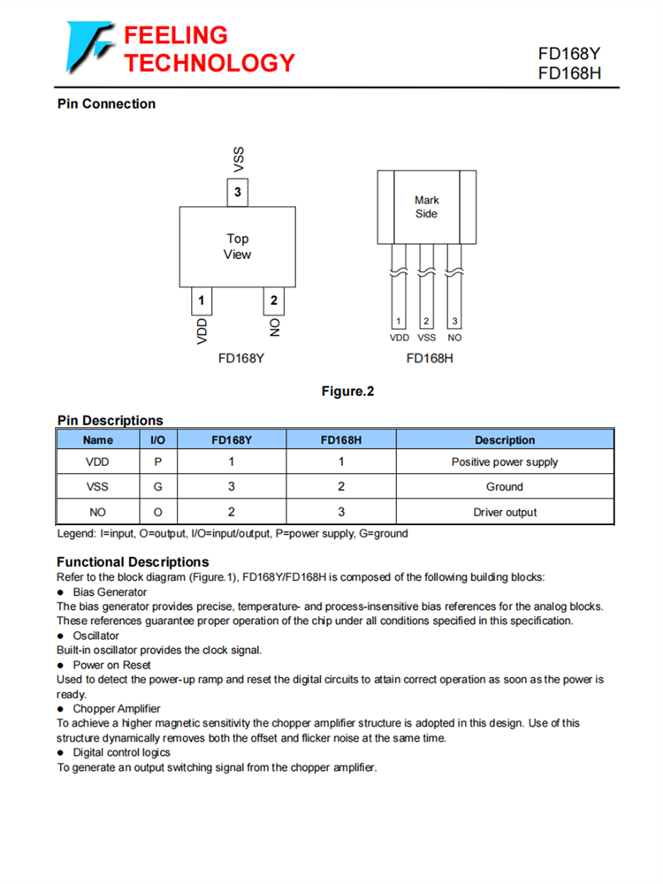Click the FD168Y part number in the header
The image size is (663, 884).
tap(569, 54)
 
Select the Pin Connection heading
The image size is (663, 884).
tap(106, 104)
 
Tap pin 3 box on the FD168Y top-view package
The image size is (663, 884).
tap(237, 193)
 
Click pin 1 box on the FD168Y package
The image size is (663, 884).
tap(202, 301)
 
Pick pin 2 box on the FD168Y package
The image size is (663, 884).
tap(273, 301)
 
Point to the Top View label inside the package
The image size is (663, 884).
tap(237, 247)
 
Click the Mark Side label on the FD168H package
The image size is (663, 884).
tap(426, 207)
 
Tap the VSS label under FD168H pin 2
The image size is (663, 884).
tap(426, 338)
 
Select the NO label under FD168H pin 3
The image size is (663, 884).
tap(454, 338)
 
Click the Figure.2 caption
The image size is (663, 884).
tap(347, 391)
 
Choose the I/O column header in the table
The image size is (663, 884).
tap(157, 439)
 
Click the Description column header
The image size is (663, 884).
tap(505, 439)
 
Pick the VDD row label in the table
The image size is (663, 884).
tap(98, 461)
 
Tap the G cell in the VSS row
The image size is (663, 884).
tap(157, 486)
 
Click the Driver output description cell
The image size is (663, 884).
tap(505, 512)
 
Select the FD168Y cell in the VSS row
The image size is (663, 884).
tap(231, 486)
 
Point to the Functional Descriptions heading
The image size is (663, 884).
tap(133, 562)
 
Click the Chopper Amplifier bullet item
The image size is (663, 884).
tap(116, 709)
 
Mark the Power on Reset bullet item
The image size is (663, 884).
tap(111, 665)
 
